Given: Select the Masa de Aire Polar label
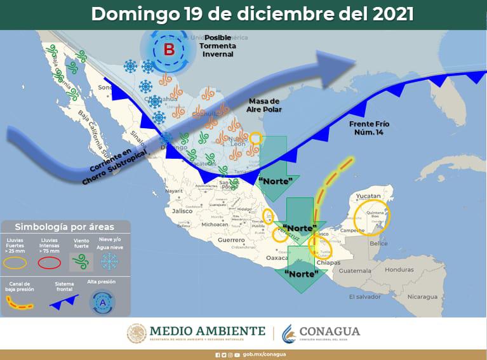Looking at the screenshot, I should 264,106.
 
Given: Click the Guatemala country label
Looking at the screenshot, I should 355,271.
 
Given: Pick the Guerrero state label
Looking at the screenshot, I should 232,240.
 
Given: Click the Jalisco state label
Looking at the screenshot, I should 182,211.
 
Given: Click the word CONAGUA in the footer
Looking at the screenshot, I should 329,331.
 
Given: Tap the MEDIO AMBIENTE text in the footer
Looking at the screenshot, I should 207,331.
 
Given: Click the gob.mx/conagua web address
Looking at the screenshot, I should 264,354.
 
